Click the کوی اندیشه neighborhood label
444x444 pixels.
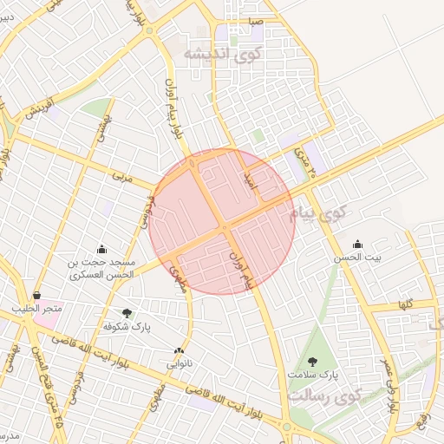[x=222, y=53]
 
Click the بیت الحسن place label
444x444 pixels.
[x=358, y=258]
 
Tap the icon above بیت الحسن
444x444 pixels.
[x=358, y=244]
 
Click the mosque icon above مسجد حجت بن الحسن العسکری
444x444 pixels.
[x=102, y=249]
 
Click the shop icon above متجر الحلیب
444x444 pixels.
[x=36, y=296]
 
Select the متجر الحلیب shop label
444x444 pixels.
[x=37, y=310]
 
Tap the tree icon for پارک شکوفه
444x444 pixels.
[x=127, y=313]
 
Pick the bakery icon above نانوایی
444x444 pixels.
[x=179, y=351]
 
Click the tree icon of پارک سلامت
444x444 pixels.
[x=312, y=361]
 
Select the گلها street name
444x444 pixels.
[x=403, y=304]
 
